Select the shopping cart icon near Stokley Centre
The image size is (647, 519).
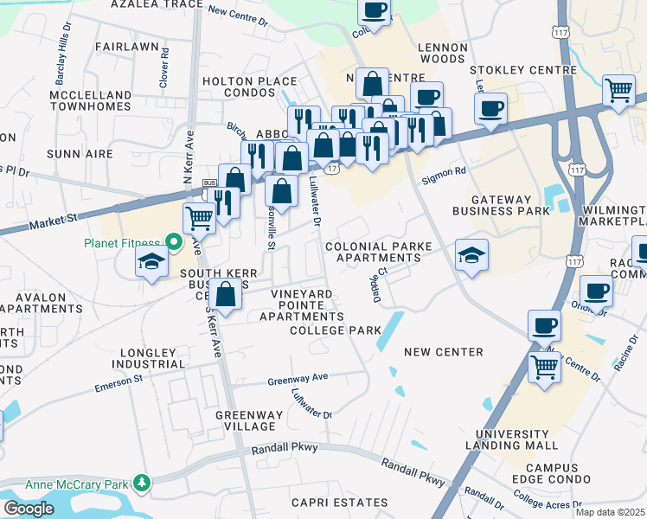619,90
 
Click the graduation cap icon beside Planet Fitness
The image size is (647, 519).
151,261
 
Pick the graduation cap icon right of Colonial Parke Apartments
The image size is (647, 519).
472,254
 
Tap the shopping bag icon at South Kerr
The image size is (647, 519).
225,293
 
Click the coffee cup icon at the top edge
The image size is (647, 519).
374,11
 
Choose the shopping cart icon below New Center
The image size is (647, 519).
544,366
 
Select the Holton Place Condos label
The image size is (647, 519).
249,86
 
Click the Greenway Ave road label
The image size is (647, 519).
298,379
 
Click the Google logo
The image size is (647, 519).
29,508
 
